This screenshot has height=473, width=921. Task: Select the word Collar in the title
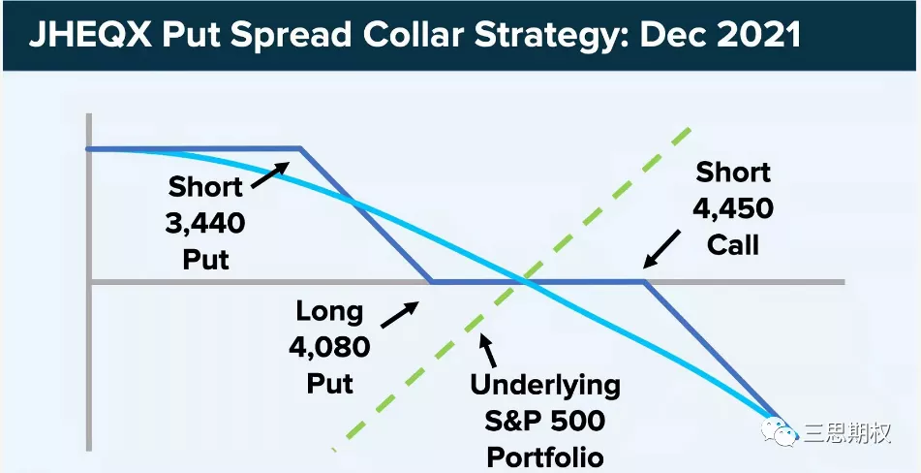pyautogui.click(x=414, y=37)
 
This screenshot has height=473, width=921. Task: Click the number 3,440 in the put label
pyautogui.click(x=205, y=223)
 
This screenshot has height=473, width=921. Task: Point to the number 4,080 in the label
pyautogui.click(x=329, y=348)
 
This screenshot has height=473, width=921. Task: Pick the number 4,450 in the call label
pyautogui.click(x=733, y=208)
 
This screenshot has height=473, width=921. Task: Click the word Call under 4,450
pyautogui.click(x=733, y=244)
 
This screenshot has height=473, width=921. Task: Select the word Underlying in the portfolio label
pyautogui.click(x=545, y=386)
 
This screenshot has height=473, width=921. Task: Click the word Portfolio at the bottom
pyautogui.click(x=545, y=457)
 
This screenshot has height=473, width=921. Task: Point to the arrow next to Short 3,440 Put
pyautogui.click(x=270, y=174)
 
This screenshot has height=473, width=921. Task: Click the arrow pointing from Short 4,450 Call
pyautogui.click(x=661, y=249)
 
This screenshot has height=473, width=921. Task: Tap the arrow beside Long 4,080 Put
pyautogui.click(x=399, y=314)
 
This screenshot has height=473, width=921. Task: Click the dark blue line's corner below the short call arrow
pyautogui.click(x=644, y=282)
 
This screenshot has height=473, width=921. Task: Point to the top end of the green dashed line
pyautogui.click(x=691, y=129)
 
